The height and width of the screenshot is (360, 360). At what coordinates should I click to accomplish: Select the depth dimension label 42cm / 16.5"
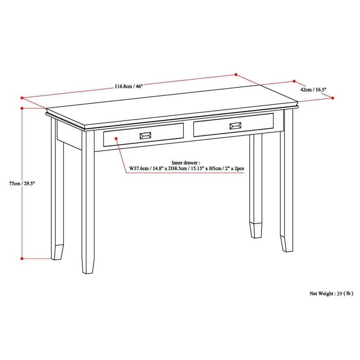(x=313, y=90)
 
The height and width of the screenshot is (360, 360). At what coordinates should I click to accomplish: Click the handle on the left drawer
(x=145, y=135)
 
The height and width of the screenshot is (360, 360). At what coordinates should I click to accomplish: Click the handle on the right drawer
(x=235, y=126)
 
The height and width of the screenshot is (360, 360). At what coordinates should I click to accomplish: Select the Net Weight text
(x=331, y=293)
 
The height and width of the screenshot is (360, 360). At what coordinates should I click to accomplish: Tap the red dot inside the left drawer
(x=116, y=139)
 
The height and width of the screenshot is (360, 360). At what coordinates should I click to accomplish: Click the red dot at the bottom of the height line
(x=22, y=259)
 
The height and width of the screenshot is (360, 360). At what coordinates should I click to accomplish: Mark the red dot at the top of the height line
(x=22, y=108)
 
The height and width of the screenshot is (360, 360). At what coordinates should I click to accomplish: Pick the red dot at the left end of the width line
(x=21, y=97)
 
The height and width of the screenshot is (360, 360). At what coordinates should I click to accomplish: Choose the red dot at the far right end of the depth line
(x=333, y=98)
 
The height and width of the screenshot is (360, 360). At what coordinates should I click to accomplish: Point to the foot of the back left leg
(x=58, y=252)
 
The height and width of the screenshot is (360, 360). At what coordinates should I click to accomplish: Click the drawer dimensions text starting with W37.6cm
(x=186, y=169)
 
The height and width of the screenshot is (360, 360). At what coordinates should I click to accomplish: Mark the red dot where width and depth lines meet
(x=235, y=75)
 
